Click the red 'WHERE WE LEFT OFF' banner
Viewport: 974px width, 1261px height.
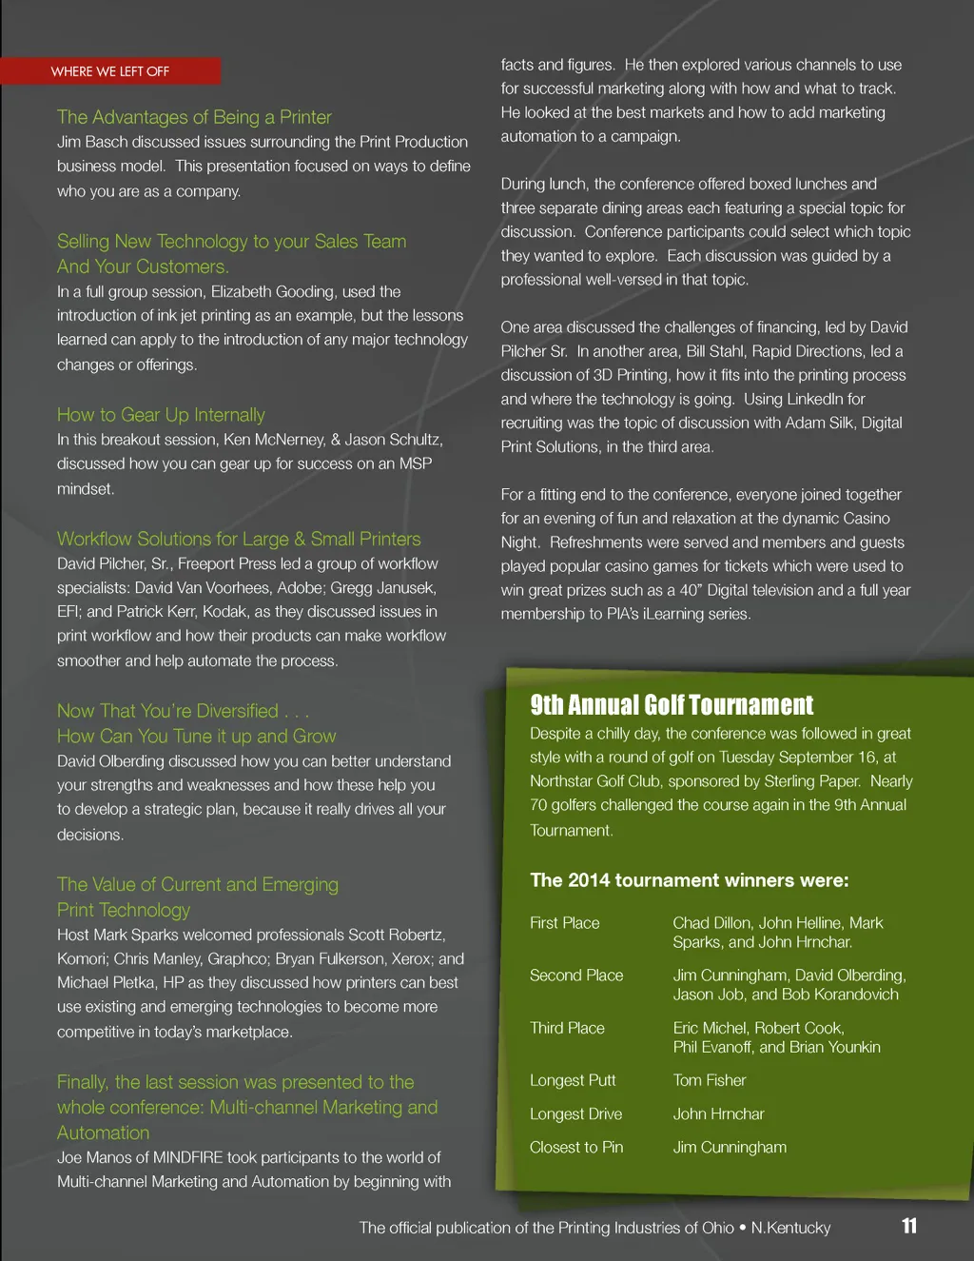tap(110, 71)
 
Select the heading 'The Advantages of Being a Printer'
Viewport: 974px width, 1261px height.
tap(194, 117)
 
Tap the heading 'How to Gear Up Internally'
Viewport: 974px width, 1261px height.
tap(161, 415)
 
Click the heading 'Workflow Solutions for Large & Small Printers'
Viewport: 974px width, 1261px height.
tap(239, 539)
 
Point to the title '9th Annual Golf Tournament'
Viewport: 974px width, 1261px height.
tap(672, 705)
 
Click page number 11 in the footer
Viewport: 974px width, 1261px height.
tap(909, 1226)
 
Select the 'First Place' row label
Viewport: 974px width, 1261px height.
tap(565, 923)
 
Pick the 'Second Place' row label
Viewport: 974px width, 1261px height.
tap(576, 975)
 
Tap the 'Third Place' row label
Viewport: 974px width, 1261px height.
tap(567, 1028)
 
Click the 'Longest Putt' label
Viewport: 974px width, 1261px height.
tap(573, 1080)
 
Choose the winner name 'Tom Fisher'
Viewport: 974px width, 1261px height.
tap(710, 1080)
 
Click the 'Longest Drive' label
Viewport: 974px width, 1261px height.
tap(575, 1113)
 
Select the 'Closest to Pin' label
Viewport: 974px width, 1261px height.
tap(576, 1147)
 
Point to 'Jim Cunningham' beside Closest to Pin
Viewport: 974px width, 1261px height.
tap(730, 1147)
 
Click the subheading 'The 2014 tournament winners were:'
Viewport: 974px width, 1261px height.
tap(690, 880)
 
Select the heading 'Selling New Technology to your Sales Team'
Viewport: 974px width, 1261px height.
tap(231, 242)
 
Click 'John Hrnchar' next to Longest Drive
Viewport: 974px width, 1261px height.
tap(718, 1113)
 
